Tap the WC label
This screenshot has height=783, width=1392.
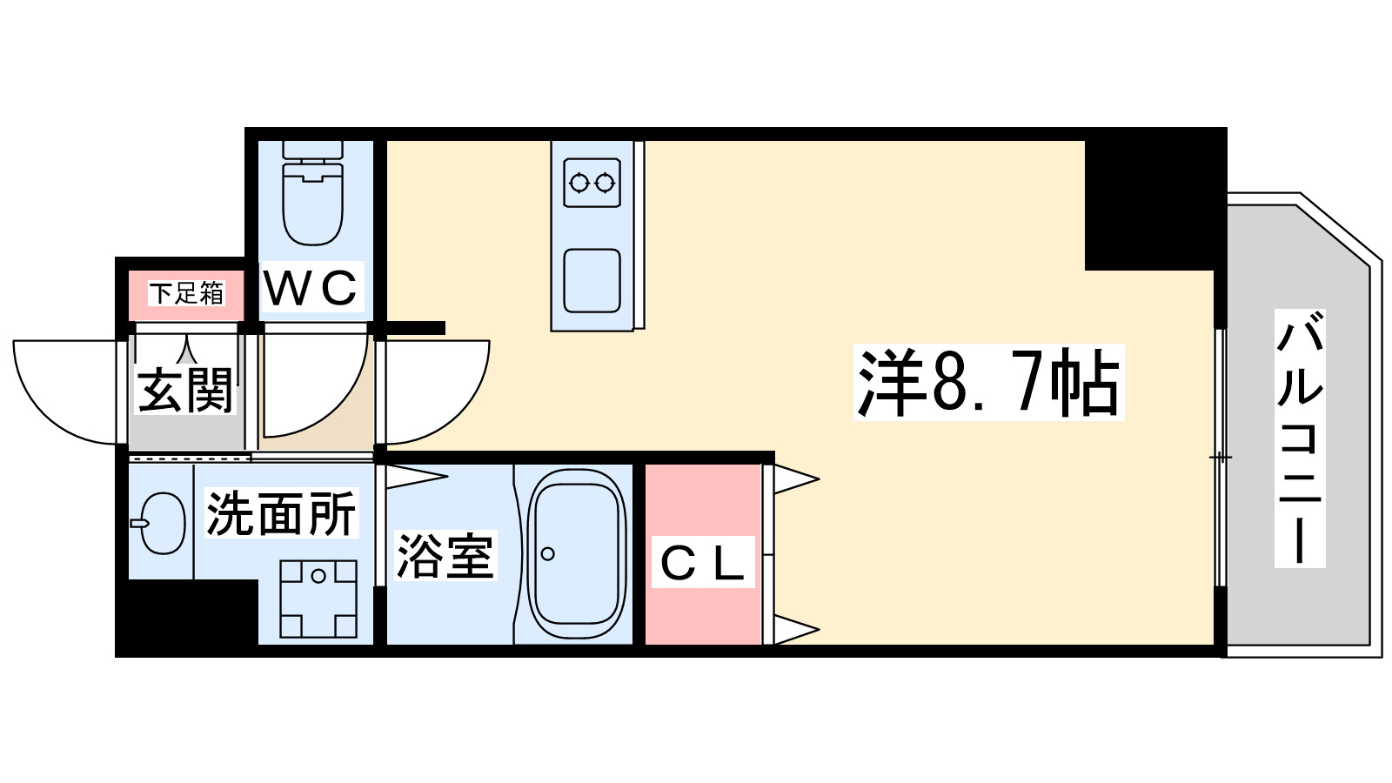click(311, 288)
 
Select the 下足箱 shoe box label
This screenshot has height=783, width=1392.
click(187, 293)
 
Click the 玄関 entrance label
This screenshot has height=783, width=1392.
click(186, 391)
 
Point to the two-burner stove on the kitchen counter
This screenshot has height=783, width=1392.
click(592, 183)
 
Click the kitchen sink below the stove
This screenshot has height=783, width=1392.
click(592, 280)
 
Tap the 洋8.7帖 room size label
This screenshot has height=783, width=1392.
click(988, 383)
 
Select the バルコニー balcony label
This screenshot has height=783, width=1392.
click(1300, 438)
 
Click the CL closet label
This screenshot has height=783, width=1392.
click(702, 563)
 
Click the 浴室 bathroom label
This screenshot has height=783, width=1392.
click(445, 556)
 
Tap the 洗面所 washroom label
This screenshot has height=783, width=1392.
click(280, 513)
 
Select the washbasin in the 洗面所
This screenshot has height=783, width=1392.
click(162, 523)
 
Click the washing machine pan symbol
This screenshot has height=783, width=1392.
click(318, 599)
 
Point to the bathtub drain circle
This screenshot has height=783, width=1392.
click(547, 554)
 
